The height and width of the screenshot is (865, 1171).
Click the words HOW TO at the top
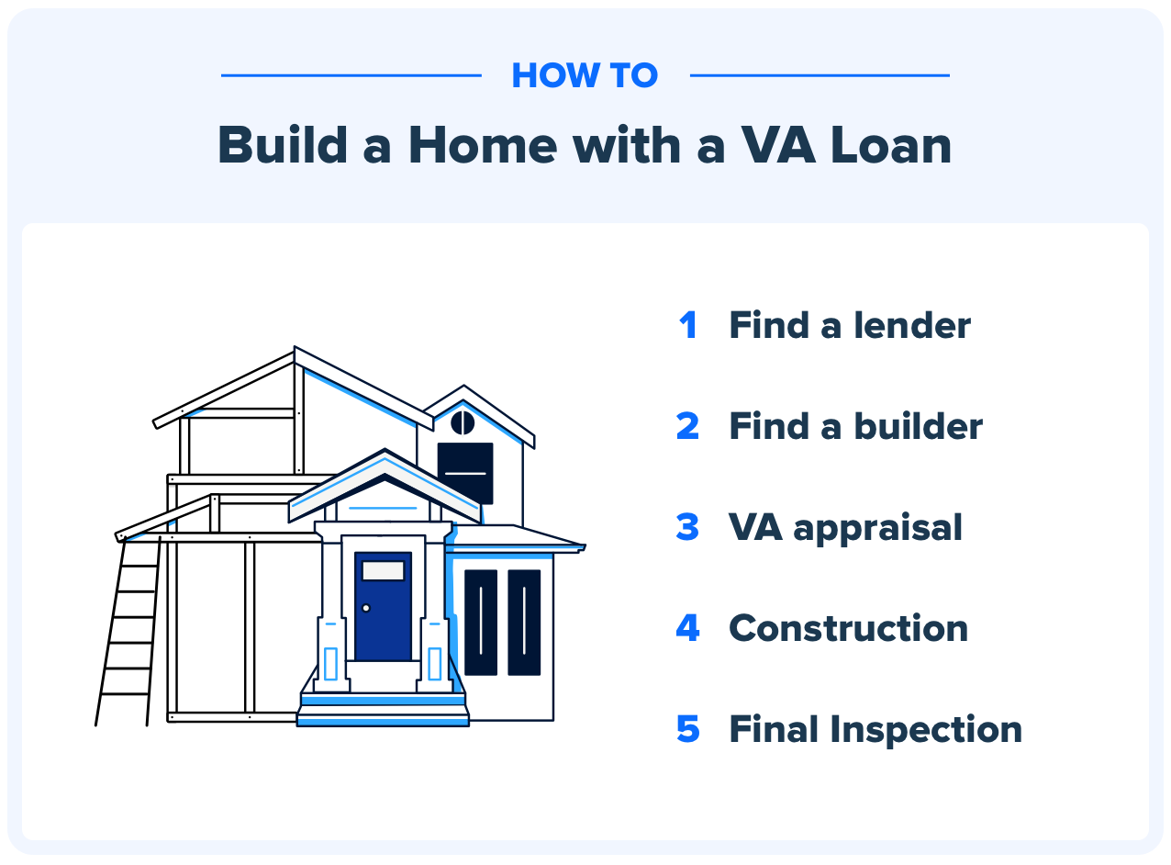pyautogui.click(x=585, y=75)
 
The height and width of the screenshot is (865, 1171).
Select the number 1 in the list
pyautogui.click(x=687, y=326)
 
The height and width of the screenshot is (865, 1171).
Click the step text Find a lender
pyautogui.click(x=850, y=326)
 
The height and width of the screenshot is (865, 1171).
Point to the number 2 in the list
pyautogui.click(x=687, y=427)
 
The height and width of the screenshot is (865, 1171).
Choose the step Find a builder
pyautogui.click(x=855, y=427)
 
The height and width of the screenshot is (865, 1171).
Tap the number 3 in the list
pyautogui.click(x=687, y=528)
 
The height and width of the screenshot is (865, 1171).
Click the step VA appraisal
pyautogui.click(x=845, y=528)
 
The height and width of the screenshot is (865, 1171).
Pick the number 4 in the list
pyautogui.click(x=687, y=629)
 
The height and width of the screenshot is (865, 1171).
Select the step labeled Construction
pyautogui.click(x=848, y=629)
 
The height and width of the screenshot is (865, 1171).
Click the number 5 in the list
pyautogui.click(x=687, y=730)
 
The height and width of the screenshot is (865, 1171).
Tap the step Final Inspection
pyautogui.click(x=875, y=730)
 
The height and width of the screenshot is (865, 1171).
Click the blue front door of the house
pyautogui.click(x=383, y=615)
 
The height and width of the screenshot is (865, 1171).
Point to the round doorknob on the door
pyautogui.click(x=365, y=608)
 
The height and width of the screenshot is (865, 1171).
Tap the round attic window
pyautogui.click(x=463, y=422)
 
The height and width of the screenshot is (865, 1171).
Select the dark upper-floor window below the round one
pyautogui.click(x=465, y=473)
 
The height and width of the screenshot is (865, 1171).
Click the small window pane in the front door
pyautogui.click(x=383, y=570)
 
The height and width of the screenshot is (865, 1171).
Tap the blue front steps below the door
pyautogui.click(x=383, y=710)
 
